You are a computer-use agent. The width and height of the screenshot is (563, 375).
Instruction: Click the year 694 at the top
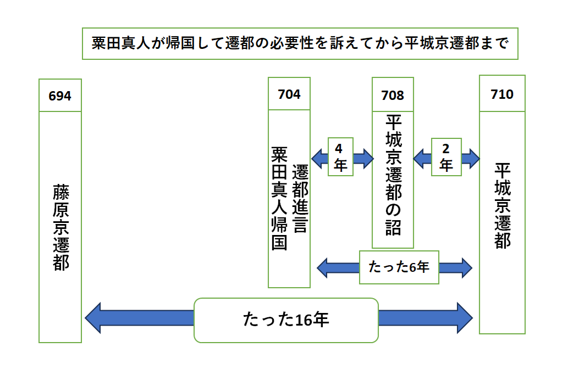[x=60, y=96]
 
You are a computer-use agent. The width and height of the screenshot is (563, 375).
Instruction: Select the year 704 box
[x=289, y=94]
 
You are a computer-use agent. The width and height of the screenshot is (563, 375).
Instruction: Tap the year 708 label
[x=393, y=95]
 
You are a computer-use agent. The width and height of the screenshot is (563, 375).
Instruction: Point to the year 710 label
[x=502, y=94]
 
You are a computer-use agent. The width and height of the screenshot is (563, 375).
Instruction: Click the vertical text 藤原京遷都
[x=60, y=227]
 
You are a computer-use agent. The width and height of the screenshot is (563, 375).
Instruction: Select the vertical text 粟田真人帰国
[x=279, y=198]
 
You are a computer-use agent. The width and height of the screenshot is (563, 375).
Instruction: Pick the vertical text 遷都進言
[x=300, y=198]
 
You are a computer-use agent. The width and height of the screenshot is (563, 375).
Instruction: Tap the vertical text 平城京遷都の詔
[x=393, y=175]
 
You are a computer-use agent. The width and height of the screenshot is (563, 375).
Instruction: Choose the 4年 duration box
[x=340, y=157]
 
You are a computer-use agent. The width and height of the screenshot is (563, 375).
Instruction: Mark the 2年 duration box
[x=445, y=157]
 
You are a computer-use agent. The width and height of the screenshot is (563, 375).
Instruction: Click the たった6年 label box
[x=399, y=267]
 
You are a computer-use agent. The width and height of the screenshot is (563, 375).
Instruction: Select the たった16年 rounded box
[x=286, y=320]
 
